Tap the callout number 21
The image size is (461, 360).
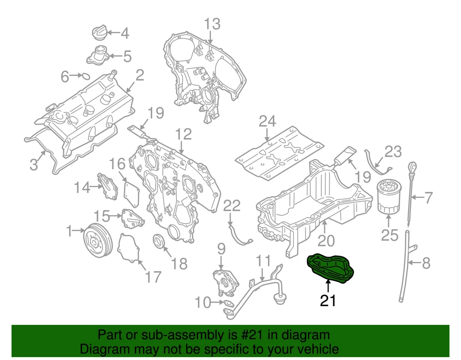click(x=328, y=301)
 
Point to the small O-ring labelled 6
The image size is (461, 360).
click(x=84, y=75)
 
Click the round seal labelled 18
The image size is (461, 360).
click(x=158, y=240)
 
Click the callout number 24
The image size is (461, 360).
click(x=267, y=122)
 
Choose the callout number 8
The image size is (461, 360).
click(x=426, y=263)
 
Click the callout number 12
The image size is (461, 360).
click(x=183, y=134)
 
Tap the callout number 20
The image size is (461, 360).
click(x=326, y=239)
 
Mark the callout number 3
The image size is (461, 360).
click(x=34, y=165)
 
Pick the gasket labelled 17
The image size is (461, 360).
click(x=128, y=248)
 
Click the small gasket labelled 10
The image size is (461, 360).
click(x=225, y=303)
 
